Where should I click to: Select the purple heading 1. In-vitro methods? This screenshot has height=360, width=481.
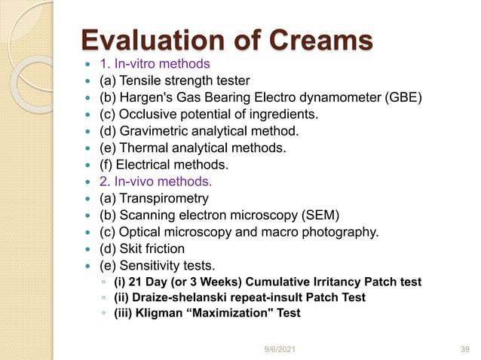pos(155,63)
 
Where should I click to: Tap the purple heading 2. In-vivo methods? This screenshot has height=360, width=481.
pos(156,182)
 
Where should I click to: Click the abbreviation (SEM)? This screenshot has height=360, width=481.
pos(324,215)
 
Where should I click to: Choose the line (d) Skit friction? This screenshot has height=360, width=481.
pos(142,249)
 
